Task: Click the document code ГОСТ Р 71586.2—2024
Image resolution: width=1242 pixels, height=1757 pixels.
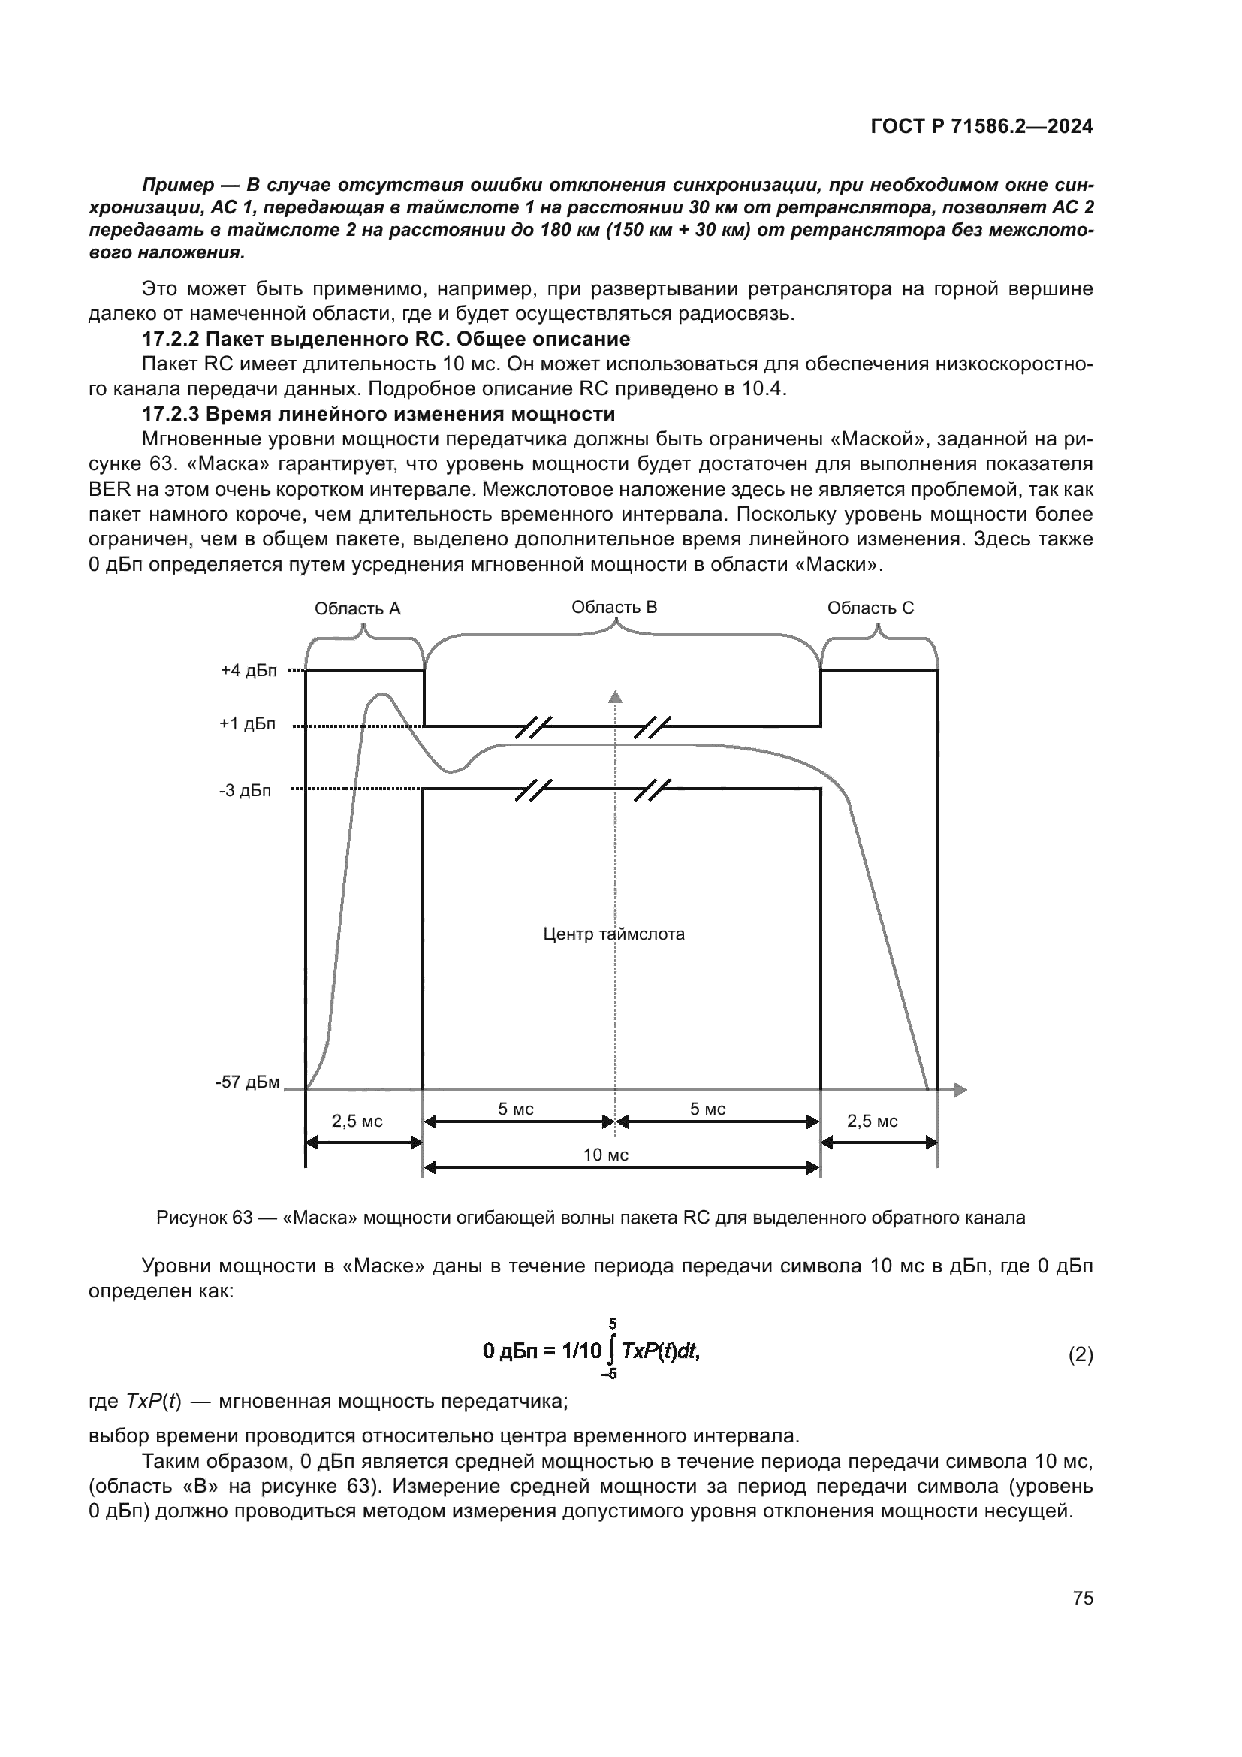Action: pyautogui.click(x=981, y=127)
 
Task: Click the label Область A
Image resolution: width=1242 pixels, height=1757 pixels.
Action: pyautogui.click(x=357, y=608)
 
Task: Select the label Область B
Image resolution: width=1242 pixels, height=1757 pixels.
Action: pyautogui.click(x=614, y=607)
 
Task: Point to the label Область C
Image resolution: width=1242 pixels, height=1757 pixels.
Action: pyautogui.click(x=870, y=608)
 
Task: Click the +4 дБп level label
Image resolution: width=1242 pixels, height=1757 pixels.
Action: pyautogui.click(x=249, y=670)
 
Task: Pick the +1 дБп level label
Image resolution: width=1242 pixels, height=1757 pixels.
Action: pyautogui.click(x=248, y=724)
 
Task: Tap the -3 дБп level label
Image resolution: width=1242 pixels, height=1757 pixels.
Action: pyautogui.click(x=245, y=790)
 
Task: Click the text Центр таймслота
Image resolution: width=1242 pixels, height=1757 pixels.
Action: pyautogui.click(x=613, y=934)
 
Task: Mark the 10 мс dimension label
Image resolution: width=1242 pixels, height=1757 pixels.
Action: pyautogui.click(x=606, y=1155)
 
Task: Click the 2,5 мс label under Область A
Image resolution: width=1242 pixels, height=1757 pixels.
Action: pyautogui.click(x=357, y=1121)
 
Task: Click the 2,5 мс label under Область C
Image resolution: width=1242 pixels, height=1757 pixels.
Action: pyautogui.click(x=872, y=1121)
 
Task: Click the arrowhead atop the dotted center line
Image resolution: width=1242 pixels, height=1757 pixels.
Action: pyautogui.click(x=615, y=696)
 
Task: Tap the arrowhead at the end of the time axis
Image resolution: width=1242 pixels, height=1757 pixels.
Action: pyautogui.click(x=960, y=1090)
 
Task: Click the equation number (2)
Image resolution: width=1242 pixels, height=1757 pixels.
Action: pyautogui.click(x=1080, y=1355)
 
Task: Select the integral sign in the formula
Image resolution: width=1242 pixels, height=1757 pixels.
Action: pyautogui.click(x=610, y=1351)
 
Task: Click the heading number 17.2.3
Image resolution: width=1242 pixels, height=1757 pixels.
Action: pyautogui.click(x=171, y=414)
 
